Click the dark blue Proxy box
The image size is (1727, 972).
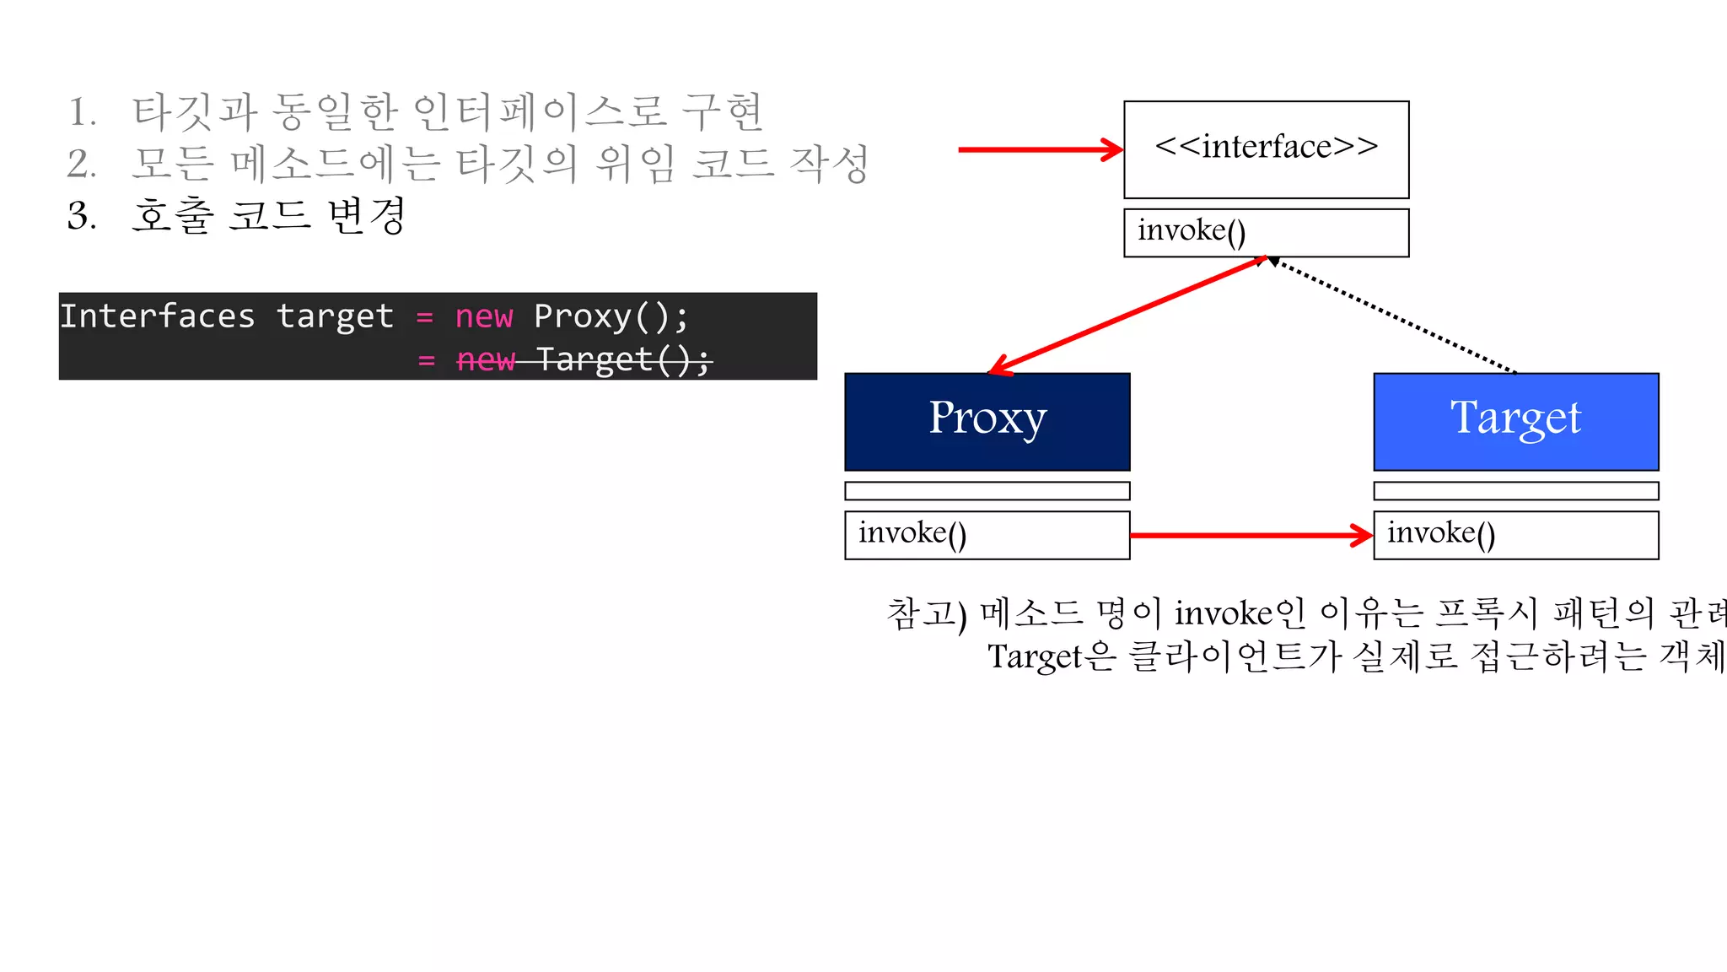click(x=987, y=421)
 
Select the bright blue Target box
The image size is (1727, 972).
click(x=1515, y=421)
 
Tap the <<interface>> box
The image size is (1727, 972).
click(x=1266, y=149)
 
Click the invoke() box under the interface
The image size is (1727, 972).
click(x=1266, y=232)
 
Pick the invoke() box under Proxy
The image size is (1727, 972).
click(x=987, y=534)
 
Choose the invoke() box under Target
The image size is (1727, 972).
click(x=1515, y=534)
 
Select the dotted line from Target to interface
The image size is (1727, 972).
click(x=1391, y=315)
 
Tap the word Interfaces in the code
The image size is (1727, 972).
click(x=157, y=316)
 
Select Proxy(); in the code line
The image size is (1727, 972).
click(x=611, y=316)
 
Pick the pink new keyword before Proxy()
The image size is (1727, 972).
click(x=483, y=317)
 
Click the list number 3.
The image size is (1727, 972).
click(x=81, y=216)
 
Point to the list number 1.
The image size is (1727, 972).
click(x=81, y=112)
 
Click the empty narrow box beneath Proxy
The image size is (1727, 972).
click(x=987, y=490)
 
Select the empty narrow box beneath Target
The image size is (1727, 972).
click(x=1515, y=490)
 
